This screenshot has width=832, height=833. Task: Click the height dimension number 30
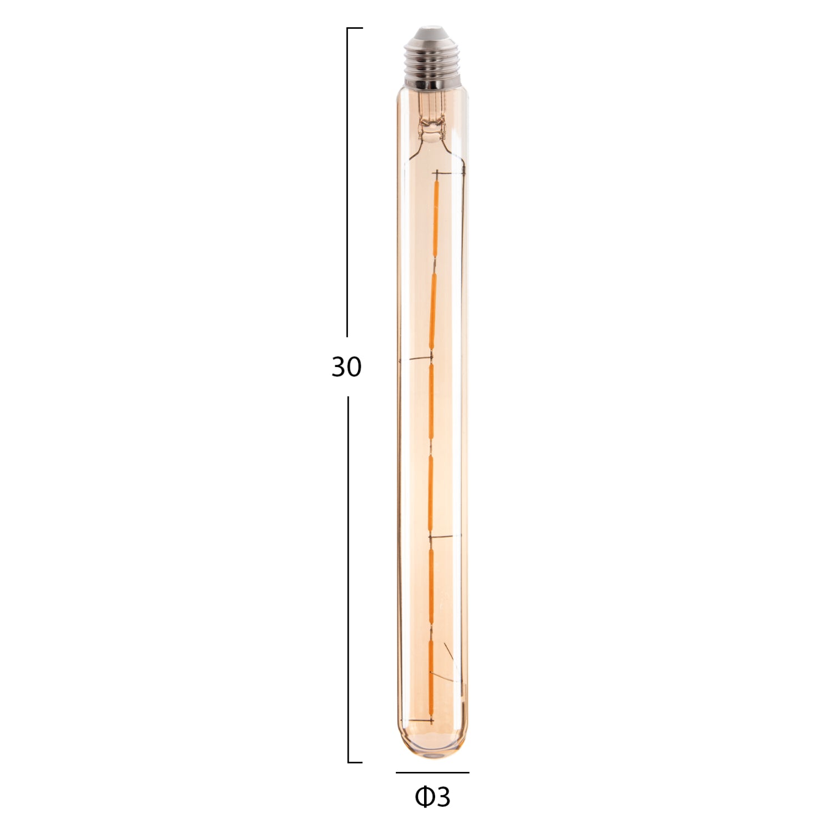coord(346,367)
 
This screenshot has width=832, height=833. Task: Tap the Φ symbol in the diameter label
coord(424,797)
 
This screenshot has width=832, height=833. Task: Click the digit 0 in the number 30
coord(354,367)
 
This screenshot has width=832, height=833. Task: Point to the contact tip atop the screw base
coord(431,31)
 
